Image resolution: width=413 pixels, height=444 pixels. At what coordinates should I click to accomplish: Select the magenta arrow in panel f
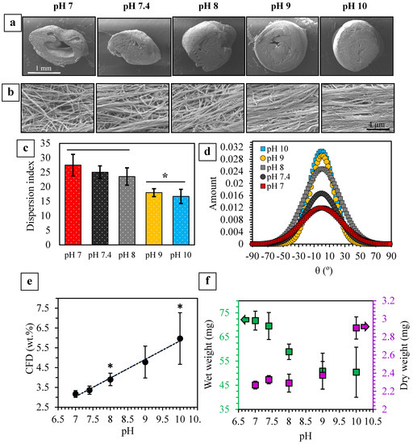click(386, 326)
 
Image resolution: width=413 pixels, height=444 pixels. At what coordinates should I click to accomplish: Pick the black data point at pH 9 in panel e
click(145, 360)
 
